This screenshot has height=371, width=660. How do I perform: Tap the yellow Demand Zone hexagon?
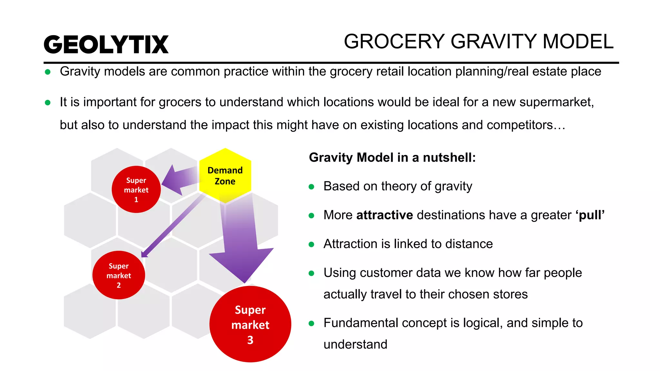225,176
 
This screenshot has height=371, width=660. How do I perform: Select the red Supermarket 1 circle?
136,189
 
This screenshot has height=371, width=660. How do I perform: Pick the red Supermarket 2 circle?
119,275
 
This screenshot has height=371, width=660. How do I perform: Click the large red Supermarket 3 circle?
250,324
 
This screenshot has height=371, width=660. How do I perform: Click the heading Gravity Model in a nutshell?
392,157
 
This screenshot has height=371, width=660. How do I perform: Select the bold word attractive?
384,215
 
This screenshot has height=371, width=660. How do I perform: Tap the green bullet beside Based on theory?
311,187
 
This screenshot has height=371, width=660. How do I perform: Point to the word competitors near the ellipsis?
519,125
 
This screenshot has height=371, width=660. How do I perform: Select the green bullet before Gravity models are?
48,72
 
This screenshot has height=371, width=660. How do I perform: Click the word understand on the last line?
355,344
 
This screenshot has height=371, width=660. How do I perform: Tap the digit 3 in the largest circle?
250,340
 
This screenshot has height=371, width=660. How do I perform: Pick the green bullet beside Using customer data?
311,273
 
